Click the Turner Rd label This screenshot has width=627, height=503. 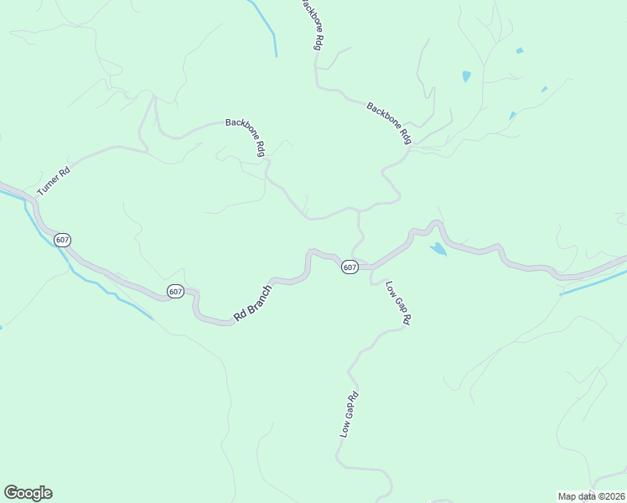(x=53, y=179)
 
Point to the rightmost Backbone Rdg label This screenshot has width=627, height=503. (x=389, y=123)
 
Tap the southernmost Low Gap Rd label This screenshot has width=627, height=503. (x=349, y=414)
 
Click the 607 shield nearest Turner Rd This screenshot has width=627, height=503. (x=62, y=240)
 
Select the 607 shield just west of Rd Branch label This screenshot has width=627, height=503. (x=174, y=291)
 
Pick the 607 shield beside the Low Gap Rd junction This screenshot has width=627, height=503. (x=350, y=267)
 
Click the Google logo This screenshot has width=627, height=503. (x=28, y=493)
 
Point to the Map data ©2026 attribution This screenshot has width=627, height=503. (x=590, y=496)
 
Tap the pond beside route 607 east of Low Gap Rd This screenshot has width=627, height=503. (x=438, y=249)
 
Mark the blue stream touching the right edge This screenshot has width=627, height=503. (x=593, y=283)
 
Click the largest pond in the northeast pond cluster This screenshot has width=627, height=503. (x=466, y=76)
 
